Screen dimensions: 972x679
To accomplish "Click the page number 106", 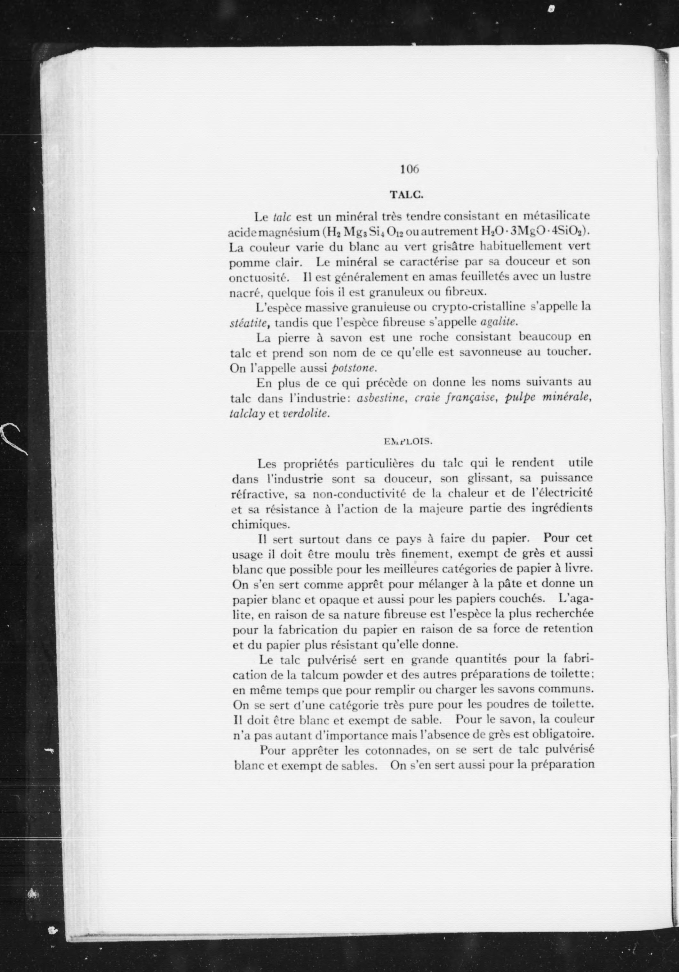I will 409,169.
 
